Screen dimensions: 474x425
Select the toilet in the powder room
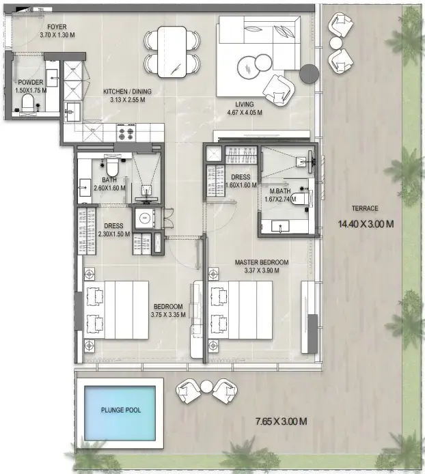tap(28, 103)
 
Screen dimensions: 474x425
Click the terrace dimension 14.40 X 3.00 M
tap(368, 223)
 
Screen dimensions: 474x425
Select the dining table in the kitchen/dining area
tap(172, 52)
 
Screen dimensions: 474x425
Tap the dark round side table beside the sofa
tap(310, 73)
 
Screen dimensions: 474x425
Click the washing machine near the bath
tap(146, 219)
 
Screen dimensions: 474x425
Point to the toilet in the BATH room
tap(112, 165)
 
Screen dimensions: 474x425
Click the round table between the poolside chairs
tap(206, 387)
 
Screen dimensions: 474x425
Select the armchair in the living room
tap(276, 88)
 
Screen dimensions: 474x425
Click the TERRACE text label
tap(366, 208)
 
